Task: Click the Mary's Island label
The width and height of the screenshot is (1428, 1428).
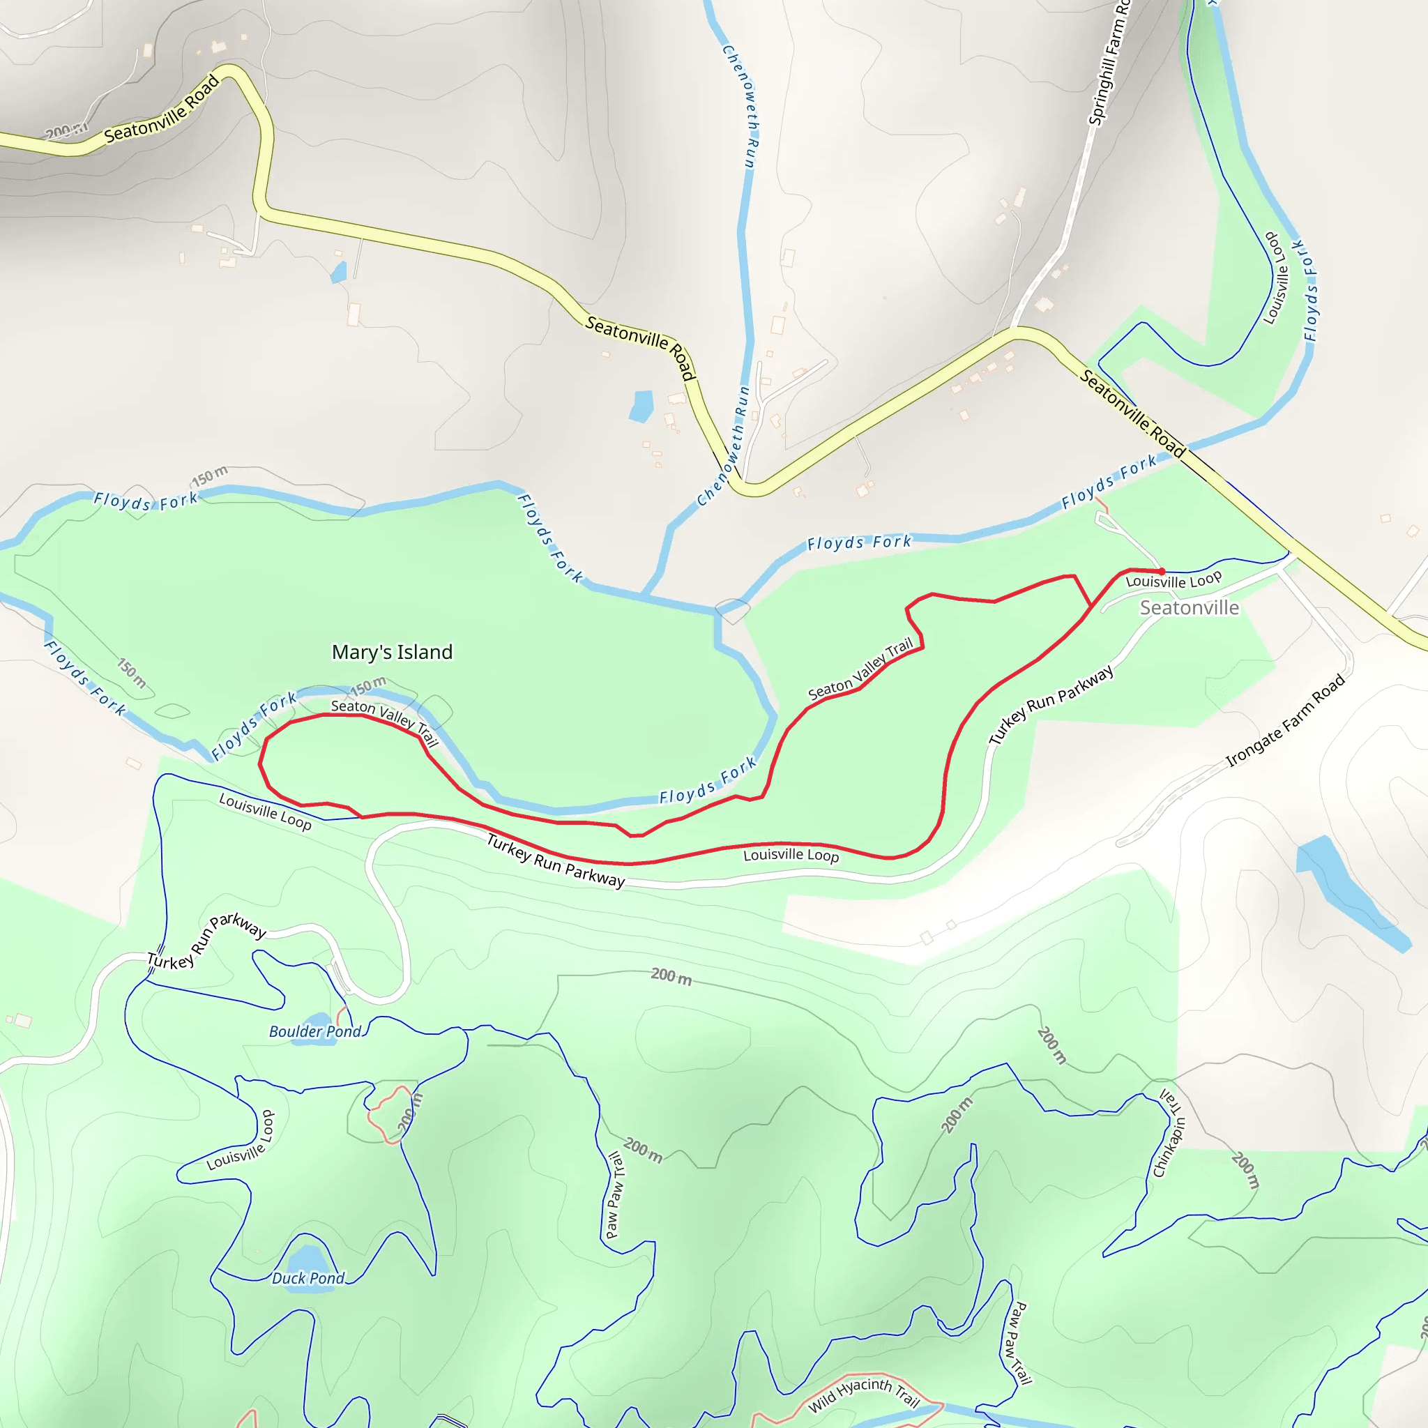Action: pyautogui.click(x=392, y=652)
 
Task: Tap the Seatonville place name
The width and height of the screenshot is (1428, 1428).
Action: pyautogui.click(x=1189, y=607)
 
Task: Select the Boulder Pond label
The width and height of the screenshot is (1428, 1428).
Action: pyautogui.click(x=315, y=1031)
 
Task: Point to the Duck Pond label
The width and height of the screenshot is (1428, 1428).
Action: pyautogui.click(x=308, y=1278)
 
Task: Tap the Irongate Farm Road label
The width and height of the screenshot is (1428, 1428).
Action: pyautogui.click(x=1285, y=721)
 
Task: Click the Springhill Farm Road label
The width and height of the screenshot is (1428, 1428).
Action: pyautogui.click(x=1109, y=63)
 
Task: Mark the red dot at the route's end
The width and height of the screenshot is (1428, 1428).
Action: pyautogui.click(x=1162, y=571)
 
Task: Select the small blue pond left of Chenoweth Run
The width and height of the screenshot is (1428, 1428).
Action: pyautogui.click(x=641, y=406)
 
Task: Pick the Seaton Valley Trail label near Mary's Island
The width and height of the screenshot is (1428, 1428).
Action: pyautogui.click(x=384, y=722)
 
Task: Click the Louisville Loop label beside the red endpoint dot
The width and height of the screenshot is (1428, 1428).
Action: pyautogui.click(x=1173, y=580)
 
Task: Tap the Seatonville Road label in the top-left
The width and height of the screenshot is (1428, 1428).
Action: pyautogui.click(x=162, y=109)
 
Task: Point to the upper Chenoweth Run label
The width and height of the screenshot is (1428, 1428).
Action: pyautogui.click(x=740, y=106)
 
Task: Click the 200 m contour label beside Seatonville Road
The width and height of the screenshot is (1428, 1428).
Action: pyautogui.click(x=66, y=131)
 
